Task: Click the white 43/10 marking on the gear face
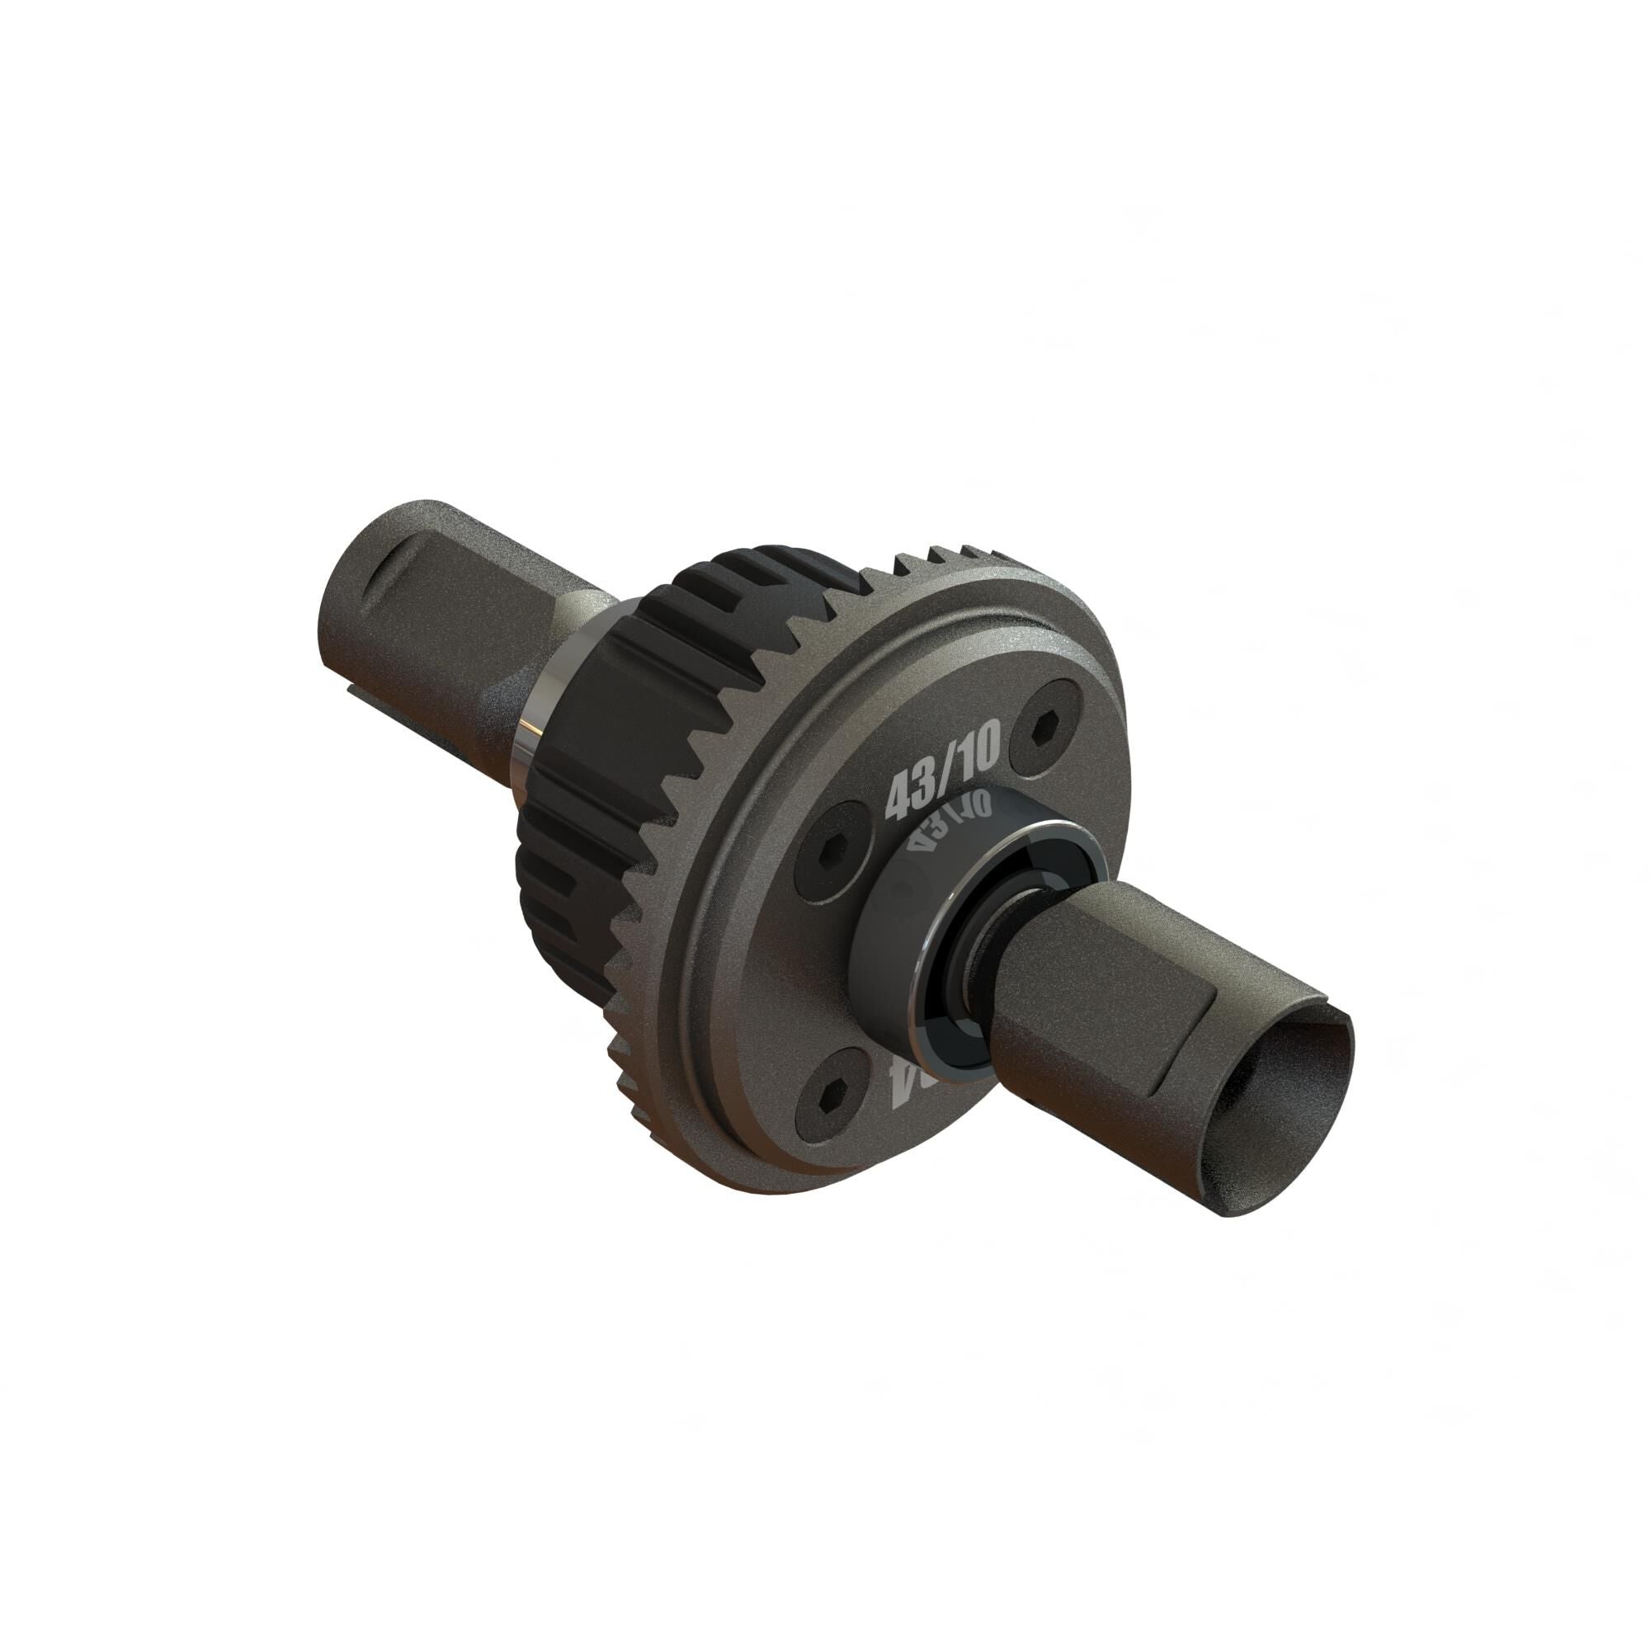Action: pos(942,775)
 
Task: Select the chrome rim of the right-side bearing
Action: pos(944,965)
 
